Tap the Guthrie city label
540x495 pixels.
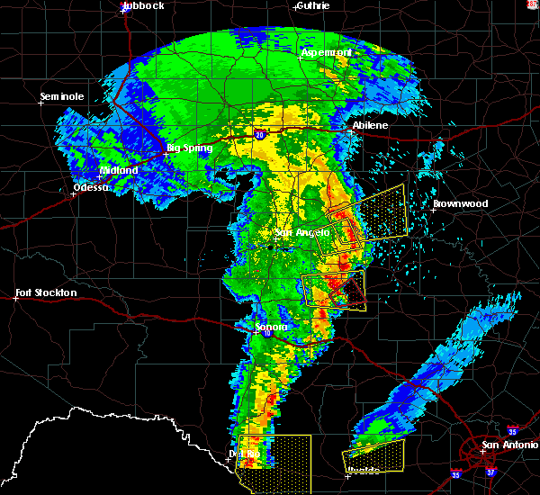tap(311, 5)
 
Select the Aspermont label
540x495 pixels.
tap(327, 52)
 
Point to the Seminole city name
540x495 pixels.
tap(62, 95)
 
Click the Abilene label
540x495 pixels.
tap(370, 125)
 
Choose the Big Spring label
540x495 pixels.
tap(190, 148)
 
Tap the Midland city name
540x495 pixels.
tap(119, 170)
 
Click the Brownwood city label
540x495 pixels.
tap(460, 203)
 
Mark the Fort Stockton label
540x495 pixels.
tap(46, 292)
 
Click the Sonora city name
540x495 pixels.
tap(271, 327)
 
